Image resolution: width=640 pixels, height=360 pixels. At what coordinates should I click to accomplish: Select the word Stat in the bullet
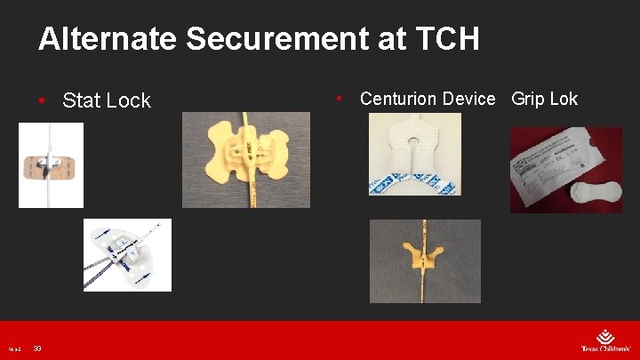[81, 100]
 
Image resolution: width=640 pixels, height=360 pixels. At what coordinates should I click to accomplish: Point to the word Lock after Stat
[128, 100]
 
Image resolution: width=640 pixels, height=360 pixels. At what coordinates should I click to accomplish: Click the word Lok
[564, 99]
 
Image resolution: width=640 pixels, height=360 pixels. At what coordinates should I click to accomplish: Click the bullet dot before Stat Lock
[43, 100]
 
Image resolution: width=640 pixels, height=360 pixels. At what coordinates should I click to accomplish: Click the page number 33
[38, 348]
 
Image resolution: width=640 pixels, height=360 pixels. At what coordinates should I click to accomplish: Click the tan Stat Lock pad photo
[51, 165]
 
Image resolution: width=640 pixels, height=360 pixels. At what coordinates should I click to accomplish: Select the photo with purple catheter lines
[127, 255]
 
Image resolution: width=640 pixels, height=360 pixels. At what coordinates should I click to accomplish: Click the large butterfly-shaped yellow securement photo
[246, 160]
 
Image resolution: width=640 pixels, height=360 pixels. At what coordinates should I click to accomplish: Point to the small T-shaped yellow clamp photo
[425, 261]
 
